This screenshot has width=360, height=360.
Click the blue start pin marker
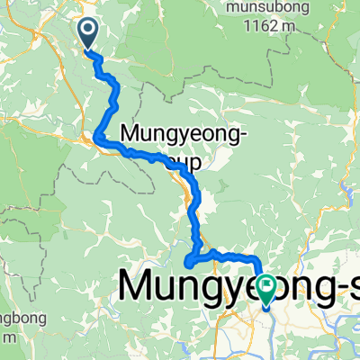click(90, 34)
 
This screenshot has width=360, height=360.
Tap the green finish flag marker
click(267, 287)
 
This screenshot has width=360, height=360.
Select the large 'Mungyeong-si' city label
click(238, 285)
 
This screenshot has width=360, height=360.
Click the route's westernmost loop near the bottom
click(188, 263)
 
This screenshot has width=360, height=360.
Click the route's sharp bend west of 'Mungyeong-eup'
click(96, 137)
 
